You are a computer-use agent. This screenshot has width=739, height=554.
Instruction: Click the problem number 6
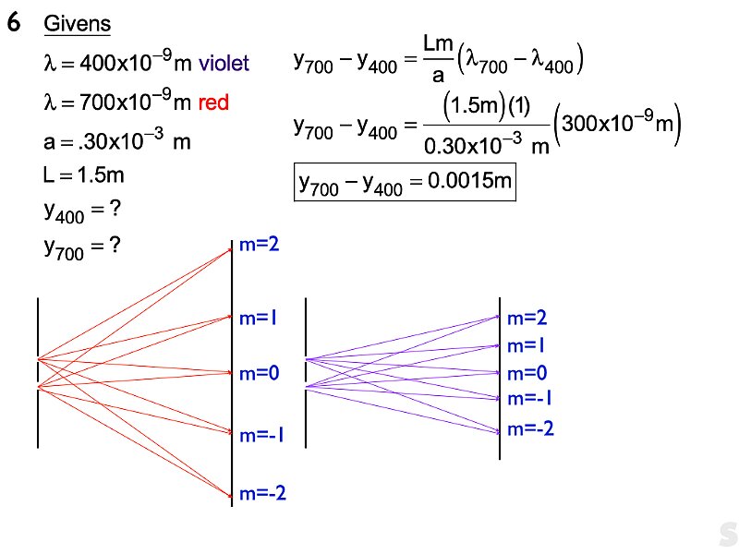click(x=14, y=25)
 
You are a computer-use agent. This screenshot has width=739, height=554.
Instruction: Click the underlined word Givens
click(x=78, y=25)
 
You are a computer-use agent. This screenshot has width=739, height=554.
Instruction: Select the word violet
click(x=224, y=64)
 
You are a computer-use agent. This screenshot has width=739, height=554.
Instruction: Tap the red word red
click(x=213, y=102)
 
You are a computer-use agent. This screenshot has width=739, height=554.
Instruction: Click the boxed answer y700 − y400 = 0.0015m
click(x=404, y=184)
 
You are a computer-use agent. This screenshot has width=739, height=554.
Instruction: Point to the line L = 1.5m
click(x=82, y=175)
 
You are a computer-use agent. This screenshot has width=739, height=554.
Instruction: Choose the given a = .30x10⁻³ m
click(x=118, y=141)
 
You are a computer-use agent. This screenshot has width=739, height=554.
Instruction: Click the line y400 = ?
click(x=83, y=211)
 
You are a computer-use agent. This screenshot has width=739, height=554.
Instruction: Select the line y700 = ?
click(x=83, y=247)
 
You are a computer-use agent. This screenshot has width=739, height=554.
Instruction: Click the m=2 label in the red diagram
click(x=260, y=245)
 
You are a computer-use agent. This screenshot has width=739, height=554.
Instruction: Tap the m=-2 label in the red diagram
click(x=263, y=494)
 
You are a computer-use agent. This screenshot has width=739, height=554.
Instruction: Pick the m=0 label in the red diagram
click(x=260, y=374)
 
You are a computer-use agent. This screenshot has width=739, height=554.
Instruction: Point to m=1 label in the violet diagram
click(x=527, y=346)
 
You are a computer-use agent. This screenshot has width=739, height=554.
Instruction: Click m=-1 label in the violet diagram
click(x=530, y=399)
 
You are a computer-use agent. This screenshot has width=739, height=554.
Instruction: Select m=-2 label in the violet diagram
click(x=530, y=428)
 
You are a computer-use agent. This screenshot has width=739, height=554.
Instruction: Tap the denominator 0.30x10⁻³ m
click(x=483, y=145)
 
